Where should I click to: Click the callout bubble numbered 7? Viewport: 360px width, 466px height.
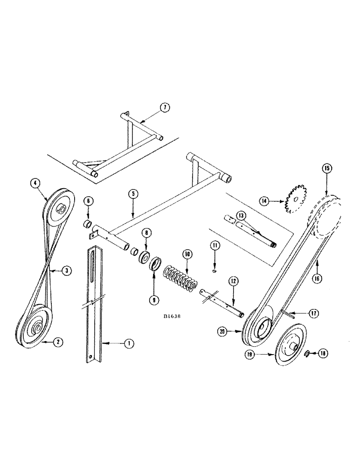(x=165, y=108)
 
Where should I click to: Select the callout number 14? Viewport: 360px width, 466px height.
(x=264, y=201)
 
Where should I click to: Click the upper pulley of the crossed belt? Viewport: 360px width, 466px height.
(x=58, y=206)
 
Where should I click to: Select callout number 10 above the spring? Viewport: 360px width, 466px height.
(x=187, y=254)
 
